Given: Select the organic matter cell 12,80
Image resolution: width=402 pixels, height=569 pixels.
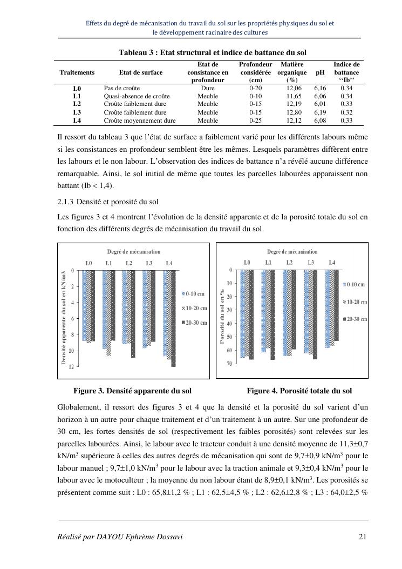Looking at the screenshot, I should click(x=294, y=112).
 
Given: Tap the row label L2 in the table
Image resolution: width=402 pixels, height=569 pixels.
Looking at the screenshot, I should click(x=77, y=104).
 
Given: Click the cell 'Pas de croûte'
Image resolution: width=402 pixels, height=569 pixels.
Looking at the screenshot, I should click(x=122, y=88).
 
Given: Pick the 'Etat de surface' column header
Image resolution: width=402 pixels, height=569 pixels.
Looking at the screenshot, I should click(x=140, y=72).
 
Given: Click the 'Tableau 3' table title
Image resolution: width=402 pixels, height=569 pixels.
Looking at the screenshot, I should click(x=212, y=52).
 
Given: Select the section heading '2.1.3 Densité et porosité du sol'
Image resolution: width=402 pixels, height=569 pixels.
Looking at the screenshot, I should click(x=108, y=202).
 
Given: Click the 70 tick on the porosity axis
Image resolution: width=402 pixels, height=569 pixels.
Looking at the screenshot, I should click(x=229, y=364).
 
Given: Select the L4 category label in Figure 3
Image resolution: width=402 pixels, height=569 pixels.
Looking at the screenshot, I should click(x=169, y=263).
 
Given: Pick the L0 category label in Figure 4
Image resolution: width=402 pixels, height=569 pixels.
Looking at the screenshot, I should click(x=247, y=263).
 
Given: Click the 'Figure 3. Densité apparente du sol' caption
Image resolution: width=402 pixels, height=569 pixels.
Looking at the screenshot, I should click(x=132, y=391).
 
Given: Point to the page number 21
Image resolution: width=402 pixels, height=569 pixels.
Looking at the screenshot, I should click(x=362, y=537).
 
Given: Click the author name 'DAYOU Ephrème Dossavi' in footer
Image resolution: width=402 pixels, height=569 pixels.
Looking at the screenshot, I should click(x=120, y=537).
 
